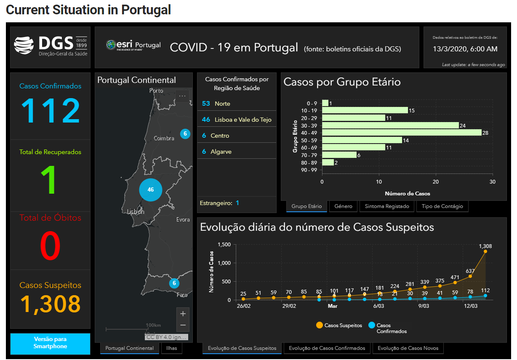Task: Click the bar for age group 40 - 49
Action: point(402,133)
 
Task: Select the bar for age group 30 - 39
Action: point(390,125)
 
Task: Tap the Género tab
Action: point(343,206)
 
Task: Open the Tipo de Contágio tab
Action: point(442,206)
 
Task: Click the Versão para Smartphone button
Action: point(50,343)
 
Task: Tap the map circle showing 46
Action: point(151,190)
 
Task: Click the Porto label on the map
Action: point(156,91)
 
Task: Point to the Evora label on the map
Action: point(183,219)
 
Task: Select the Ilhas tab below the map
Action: point(171,348)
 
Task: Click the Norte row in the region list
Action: point(237,104)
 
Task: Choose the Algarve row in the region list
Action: point(237,152)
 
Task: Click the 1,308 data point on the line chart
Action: point(485,251)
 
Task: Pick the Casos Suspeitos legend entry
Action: point(339,325)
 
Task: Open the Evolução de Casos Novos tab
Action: point(408,348)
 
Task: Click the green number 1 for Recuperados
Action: point(50,180)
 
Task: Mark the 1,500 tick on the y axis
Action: point(223,245)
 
